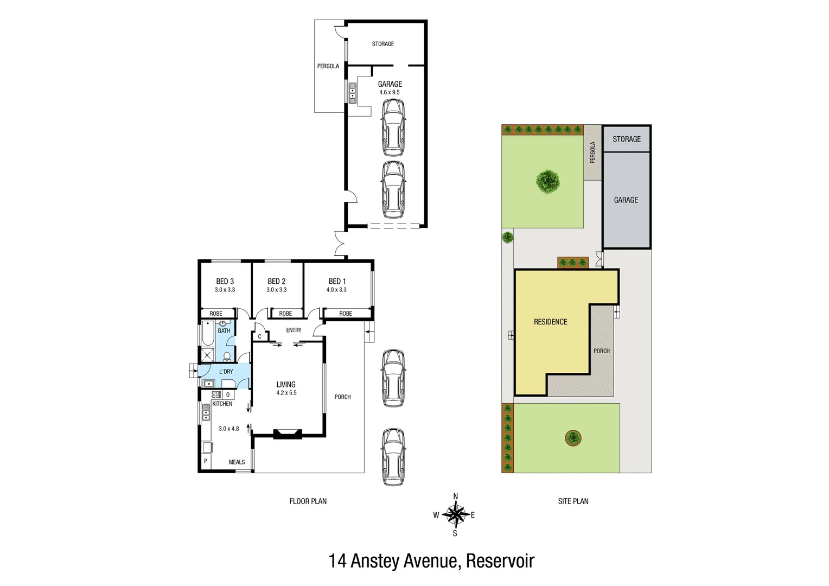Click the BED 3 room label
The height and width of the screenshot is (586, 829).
pos(225,281)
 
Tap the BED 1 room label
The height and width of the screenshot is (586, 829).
pos(337,281)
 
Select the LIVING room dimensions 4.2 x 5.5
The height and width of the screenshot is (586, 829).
pos(286,393)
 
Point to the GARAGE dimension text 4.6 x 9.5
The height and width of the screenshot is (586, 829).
pos(390,92)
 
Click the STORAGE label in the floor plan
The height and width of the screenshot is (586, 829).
pos(382,44)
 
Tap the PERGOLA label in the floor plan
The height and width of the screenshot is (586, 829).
pos(328,66)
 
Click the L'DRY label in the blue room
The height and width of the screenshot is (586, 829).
pos(226,372)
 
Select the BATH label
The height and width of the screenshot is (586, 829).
pos(224,330)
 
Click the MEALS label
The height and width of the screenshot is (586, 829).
pos(237,462)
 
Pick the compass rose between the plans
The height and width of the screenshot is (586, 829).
pos(455,514)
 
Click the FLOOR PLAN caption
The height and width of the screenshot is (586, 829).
pos(308,501)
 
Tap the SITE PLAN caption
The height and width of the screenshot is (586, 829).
pos(573,501)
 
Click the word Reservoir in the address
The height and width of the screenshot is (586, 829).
pos(500,560)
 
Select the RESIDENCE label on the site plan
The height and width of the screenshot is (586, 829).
pos(550,322)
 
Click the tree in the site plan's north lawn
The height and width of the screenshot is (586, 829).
pos(548,181)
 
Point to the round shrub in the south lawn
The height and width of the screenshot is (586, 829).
pos(573,437)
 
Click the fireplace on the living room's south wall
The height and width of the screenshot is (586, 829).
pos(287,434)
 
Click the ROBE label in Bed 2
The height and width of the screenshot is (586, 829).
pos(285,314)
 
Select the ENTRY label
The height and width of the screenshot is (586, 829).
pos(294,330)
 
